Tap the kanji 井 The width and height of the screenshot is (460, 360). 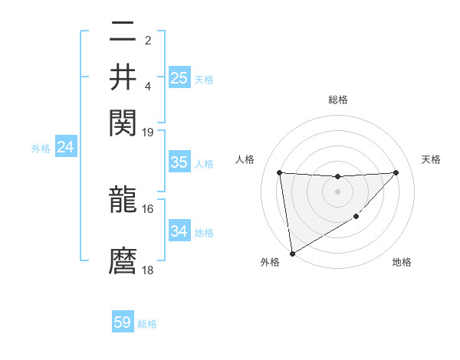123,77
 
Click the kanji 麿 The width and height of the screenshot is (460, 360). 123,262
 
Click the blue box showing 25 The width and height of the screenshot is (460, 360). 179,77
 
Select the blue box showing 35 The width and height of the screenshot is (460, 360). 179,162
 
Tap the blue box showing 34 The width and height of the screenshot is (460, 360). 179,231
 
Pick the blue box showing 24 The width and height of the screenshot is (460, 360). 65,147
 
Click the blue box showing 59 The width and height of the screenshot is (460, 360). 123,322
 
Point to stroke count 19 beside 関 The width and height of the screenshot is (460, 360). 148,132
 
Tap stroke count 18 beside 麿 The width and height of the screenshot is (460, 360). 148,270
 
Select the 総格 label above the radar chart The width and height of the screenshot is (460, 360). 338,100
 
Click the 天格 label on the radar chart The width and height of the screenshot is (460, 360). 432,159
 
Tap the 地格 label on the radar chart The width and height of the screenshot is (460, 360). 402,262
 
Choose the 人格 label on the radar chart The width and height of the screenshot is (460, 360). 245,159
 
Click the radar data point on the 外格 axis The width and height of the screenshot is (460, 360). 292,254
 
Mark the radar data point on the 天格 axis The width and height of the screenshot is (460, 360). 396,172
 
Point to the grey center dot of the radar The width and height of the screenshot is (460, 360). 338,191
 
